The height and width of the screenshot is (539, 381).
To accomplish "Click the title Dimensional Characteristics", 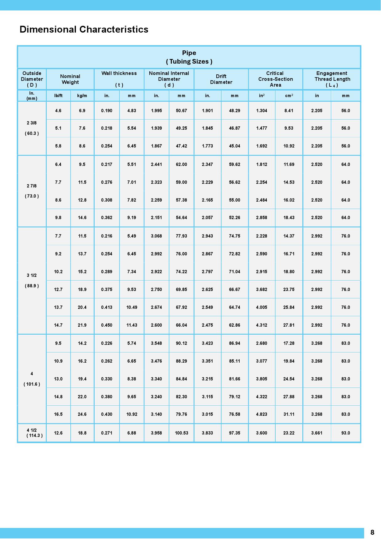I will point(84,30).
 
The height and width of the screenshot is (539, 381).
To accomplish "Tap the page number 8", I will point(372,533).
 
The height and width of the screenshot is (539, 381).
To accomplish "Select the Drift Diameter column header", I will point(221,79).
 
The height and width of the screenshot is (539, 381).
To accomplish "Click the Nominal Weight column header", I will point(70,79).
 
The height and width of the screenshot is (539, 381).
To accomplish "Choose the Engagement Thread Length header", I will point(332,79).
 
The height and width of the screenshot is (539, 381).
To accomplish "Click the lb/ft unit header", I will point(58,96).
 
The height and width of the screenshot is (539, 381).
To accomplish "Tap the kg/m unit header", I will point(82,96).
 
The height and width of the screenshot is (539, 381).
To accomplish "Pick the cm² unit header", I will point(289,96).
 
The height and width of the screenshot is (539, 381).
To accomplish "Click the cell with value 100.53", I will point(182,433).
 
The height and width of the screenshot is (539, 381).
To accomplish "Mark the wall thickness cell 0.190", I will point(107,111).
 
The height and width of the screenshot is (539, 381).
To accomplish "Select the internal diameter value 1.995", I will point(156,111).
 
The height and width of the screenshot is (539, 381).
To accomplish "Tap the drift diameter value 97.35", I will point(234,433).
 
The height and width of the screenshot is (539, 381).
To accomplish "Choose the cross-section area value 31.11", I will point(289,414).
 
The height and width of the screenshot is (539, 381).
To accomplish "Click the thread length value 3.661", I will point(317,433).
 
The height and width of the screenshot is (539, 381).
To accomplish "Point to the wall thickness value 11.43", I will point(132,325).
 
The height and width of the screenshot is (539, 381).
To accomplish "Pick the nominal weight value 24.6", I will point(82,414).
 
